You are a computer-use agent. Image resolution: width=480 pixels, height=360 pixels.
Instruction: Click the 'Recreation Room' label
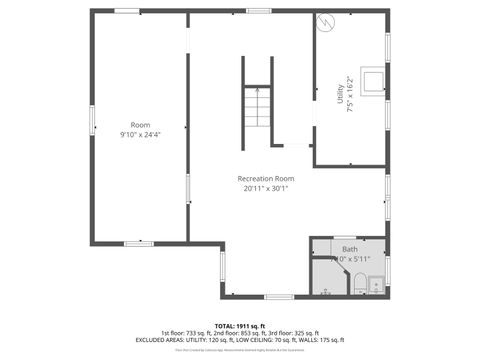pyautogui.click(x=265, y=178)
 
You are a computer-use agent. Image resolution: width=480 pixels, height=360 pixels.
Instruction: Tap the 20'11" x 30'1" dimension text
pyautogui.click(x=265, y=188)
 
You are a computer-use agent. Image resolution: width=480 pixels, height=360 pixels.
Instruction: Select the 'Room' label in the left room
pyautogui.click(x=140, y=125)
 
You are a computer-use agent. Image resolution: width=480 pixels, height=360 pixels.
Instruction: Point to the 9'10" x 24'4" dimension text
pyautogui.click(x=140, y=134)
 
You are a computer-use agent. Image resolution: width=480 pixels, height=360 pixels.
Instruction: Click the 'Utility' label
pyautogui.click(x=340, y=95)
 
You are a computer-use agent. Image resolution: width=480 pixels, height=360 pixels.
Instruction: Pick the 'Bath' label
pyautogui.click(x=349, y=249)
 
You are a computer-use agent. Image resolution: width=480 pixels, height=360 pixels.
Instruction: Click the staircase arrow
pyautogui.click(x=257, y=95)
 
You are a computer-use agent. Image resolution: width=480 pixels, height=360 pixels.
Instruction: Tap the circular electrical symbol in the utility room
pyautogui.click(x=324, y=22)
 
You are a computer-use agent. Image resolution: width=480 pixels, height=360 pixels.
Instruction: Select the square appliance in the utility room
pyautogui.click(x=372, y=81)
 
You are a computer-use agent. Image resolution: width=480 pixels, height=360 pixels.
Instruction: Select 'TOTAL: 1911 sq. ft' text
pyautogui.click(x=239, y=326)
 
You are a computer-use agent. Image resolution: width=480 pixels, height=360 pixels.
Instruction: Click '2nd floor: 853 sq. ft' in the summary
pyautogui.click(x=239, y=333)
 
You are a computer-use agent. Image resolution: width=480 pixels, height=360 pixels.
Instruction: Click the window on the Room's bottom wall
pyautogui.click(x=138, y=243)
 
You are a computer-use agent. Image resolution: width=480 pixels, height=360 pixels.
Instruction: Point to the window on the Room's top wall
pyautogui.click(x=127, y=11)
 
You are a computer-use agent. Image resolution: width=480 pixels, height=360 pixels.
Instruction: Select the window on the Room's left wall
pyautogui.click(x=92, y=120)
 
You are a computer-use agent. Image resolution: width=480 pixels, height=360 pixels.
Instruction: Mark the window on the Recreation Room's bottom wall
pyautogui.click(x=279, y=296)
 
